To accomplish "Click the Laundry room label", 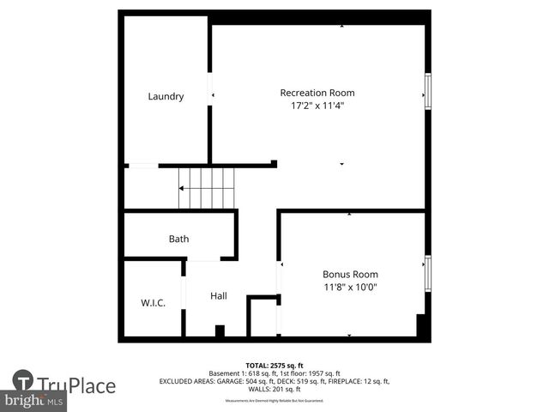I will [x=166, y=96].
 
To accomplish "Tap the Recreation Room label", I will [x=317, y=93].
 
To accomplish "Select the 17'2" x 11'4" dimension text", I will [x=317, y=106].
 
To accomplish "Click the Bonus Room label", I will [x=350, y=275].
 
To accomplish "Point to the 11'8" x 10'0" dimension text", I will [x=350, y=288].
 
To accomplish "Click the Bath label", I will [x=178, y=239].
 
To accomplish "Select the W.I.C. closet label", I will [x=153, y=303].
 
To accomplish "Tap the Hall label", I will [x=219, y=296].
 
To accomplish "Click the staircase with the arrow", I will [x=206, y=188].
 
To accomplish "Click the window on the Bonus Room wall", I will [x=427, y=273].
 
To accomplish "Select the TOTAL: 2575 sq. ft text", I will [x=274, y=365].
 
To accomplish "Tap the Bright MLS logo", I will [x=34, y=401].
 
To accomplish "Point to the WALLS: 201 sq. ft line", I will [x=274, y=389].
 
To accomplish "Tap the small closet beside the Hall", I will [x=263, y=318].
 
